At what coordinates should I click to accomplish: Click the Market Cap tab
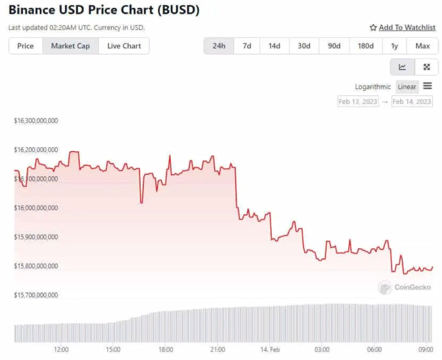click(70, 46)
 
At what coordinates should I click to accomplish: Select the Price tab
click(25, 46)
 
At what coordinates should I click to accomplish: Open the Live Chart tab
click(124, 46)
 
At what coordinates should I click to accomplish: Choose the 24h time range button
click(218, 46)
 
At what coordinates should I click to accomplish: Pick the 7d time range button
click(247, 46)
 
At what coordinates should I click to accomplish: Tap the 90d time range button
click(334, 46)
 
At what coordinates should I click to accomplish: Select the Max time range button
click(423, 46)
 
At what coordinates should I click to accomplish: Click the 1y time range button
click(394, 46)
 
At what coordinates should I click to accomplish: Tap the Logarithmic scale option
click(373, 87)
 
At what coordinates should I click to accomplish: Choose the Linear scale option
click(407, 87)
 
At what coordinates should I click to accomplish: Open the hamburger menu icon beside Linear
click(428, 86)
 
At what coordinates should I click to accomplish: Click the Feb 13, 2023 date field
click(358, 101)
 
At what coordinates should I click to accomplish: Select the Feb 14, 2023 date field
click(412, 101)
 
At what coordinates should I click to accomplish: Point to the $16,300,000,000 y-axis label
click(36, 121)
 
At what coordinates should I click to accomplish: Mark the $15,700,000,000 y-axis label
click(36, 295)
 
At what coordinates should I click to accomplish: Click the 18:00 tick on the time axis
click(166, 350)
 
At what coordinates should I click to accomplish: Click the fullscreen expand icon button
click(426, 67)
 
